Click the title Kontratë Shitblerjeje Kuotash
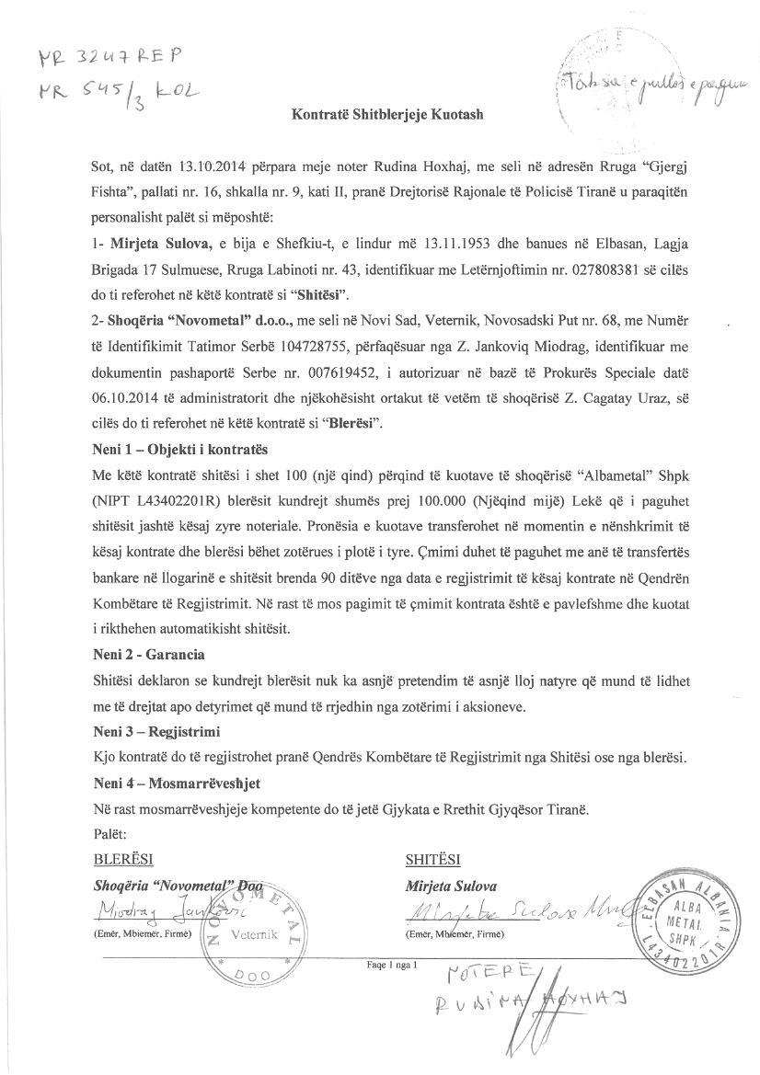click(x=387, y=115)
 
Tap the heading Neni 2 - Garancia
click(x=148, y=655)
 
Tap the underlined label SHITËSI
click(x=432, y=861)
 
